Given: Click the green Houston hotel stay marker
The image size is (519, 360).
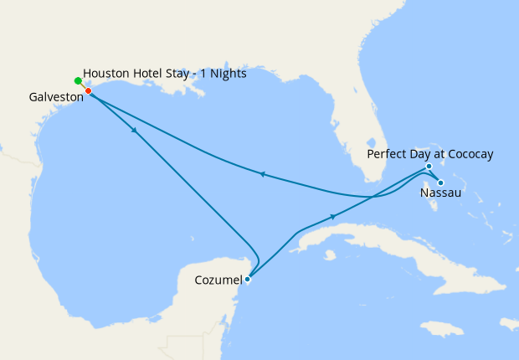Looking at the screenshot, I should click(x=78, y=80).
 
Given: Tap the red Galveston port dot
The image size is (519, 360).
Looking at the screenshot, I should click(x=88, y=90).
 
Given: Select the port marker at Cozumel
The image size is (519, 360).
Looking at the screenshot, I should click(x=247, y=280).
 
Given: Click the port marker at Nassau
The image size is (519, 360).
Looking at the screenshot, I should click(x=440, y=183).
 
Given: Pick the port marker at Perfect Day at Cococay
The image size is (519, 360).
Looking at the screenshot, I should click(x=428, y=167).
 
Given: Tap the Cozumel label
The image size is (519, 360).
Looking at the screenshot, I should click(x=218, y=279).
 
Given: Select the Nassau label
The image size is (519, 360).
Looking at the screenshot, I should click(x=439, y=193).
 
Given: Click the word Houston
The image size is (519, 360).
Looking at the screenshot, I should click(x=106, y=75).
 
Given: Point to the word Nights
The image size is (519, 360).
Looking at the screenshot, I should click(x=226, y=75).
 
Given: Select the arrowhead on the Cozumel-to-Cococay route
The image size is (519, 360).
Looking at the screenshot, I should click(x=334, y=216).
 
